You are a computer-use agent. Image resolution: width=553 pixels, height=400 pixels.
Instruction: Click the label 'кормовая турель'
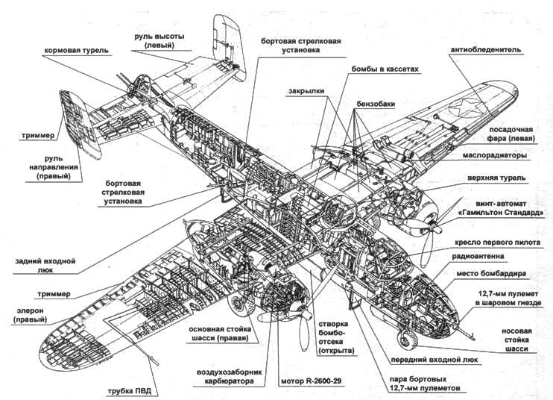coord(77,51)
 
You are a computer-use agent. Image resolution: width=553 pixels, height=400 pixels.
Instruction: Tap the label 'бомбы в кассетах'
coord(385,68)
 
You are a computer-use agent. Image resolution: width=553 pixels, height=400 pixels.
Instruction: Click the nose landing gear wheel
coord(407,340)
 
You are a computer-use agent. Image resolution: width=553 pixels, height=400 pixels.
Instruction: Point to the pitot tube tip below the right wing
coord(154,359)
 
